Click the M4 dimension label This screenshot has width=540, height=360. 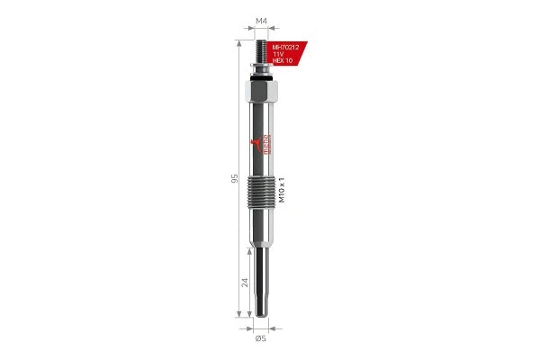262,20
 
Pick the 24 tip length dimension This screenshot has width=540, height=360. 245,281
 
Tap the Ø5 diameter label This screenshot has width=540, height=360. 261,337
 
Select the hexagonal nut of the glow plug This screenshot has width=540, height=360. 262,94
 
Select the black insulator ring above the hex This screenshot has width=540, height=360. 262,78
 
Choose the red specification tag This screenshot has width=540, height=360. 288,53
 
